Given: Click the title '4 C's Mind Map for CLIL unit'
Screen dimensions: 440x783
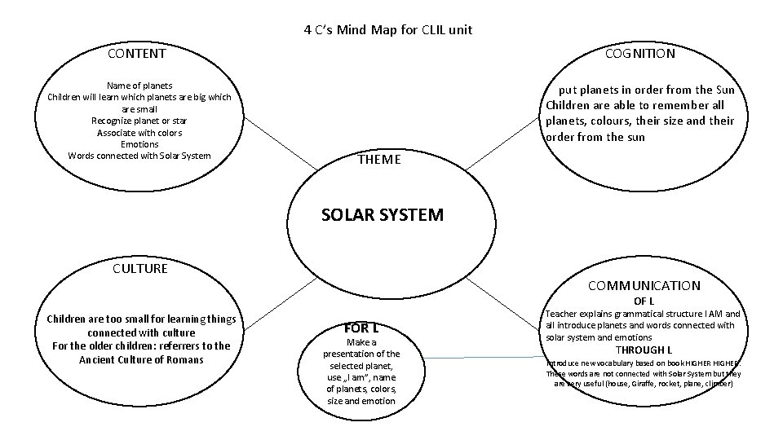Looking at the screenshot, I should tap(387, 30).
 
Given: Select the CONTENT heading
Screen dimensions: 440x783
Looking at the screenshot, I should tap(136, 54).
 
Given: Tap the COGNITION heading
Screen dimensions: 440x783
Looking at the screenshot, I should tap(639, 54).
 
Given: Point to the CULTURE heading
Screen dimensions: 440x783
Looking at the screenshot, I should tap(139, 268).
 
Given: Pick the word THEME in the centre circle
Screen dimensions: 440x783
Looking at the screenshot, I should tap(379, 160).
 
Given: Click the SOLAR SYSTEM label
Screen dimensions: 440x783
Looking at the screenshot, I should tap(383, 215).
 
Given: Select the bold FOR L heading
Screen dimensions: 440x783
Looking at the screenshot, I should tap(361, 329).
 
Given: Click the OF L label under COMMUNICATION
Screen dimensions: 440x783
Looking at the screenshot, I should tap(644, 301).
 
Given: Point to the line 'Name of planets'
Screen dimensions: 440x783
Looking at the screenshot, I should tap(139, 85).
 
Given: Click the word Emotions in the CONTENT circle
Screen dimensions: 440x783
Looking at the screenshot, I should tap(139, 144).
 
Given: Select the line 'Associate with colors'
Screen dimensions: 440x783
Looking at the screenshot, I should tap(139, 133).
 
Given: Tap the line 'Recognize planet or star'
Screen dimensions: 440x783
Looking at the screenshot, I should tap(139, 121).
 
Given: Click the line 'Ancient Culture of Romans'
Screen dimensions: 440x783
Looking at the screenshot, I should tap(141, 359).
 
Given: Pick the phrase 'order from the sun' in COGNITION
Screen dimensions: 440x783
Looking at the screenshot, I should tap(595, 137).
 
